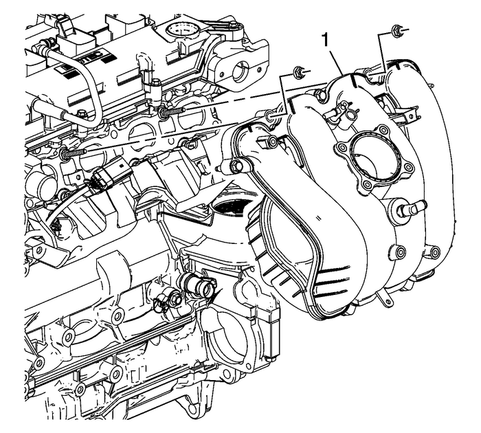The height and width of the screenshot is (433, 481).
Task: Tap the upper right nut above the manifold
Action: [x=396, y=30]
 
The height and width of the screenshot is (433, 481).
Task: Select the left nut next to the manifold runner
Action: [x=298, y=71]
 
